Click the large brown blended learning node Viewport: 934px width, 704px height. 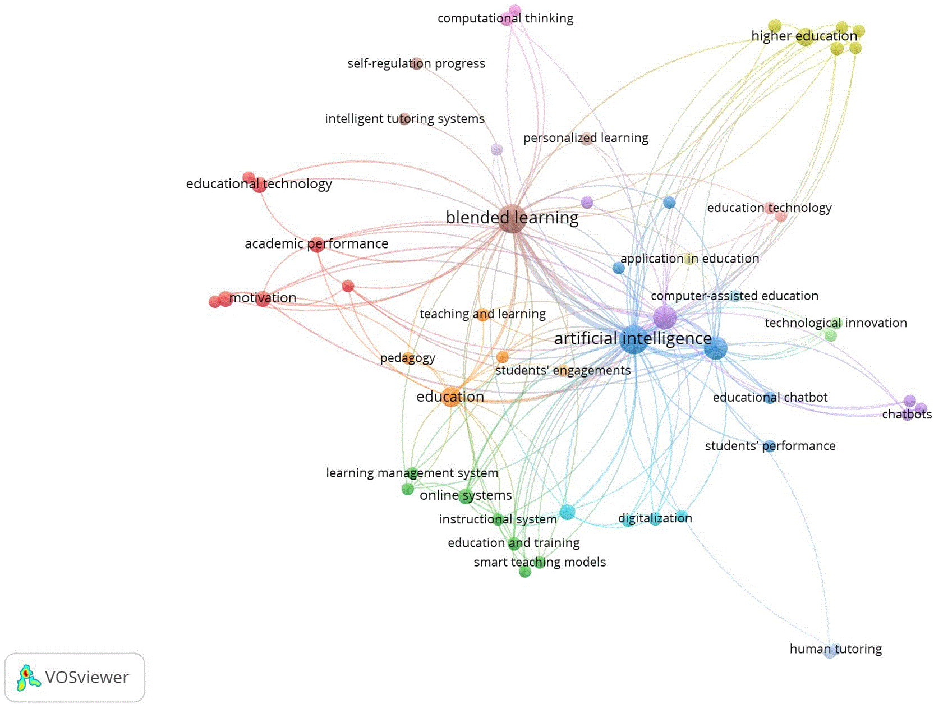pos(512,218)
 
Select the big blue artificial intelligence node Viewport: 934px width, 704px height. pos(633,339)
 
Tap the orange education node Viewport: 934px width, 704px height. pos(451,397)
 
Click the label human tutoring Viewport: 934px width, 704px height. pos(836,648)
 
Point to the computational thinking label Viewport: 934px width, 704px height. pos(505,19)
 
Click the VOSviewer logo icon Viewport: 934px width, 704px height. pos(29,677)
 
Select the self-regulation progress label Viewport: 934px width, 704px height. pos(416,63)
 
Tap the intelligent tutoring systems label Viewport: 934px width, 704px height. pos(404,119)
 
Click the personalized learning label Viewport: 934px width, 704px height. pos(586,138)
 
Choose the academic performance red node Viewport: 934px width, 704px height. pos(316,245)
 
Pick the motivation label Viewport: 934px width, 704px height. pos(263,298)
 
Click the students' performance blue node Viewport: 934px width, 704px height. pos(769,446)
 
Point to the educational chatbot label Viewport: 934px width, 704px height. pos(770,397)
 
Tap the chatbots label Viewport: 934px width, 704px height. pos(907,414)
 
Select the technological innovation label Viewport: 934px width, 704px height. pos(836,323)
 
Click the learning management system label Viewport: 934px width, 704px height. pos(412,473)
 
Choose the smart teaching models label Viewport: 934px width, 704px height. pos(540,562)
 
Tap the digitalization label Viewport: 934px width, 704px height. pos(655,518)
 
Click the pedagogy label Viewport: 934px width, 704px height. pos(408,358)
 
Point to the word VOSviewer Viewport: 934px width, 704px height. pos(87,678)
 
